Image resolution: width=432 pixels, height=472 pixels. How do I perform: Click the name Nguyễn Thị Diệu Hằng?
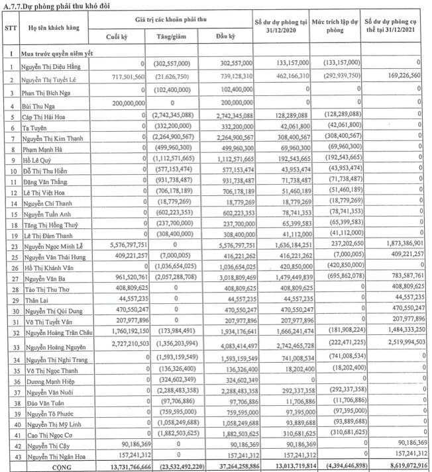pos(54,67)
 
